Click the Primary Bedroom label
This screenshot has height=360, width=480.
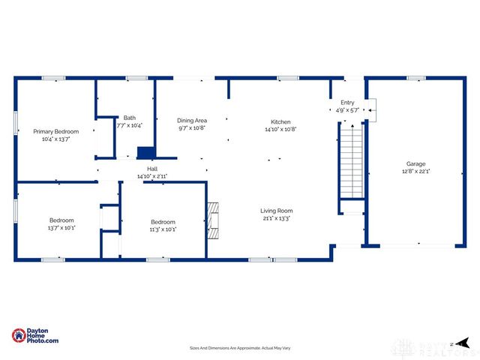(55, 131)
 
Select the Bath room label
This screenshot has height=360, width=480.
(130, 118)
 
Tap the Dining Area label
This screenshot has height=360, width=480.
(191, 120)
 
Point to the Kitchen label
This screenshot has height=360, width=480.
(280, 121)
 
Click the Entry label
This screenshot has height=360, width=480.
(347, 103)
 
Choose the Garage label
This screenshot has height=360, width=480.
(417, 163)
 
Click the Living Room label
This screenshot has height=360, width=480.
(276, 211)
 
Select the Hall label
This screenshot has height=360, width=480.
(152, 169)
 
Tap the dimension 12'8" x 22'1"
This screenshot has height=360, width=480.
(417, 171)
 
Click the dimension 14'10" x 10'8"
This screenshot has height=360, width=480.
(280, 129)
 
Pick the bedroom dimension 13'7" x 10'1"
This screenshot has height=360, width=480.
(61, 228)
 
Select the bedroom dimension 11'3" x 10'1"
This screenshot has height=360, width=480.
(163, 229)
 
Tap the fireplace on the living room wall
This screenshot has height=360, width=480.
(214, 220)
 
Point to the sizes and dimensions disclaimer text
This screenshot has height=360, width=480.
(239, 349)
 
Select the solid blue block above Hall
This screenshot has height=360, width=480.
(144, 153)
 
